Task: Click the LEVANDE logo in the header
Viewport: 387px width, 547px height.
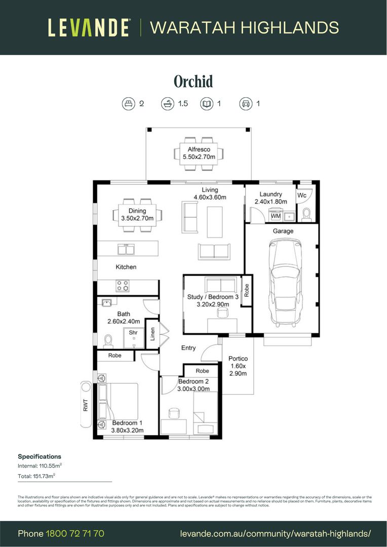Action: pos(89,27)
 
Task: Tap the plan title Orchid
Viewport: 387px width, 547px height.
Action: pos(193,81)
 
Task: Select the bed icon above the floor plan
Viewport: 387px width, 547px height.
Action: pos(128,104)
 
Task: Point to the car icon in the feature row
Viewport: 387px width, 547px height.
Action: pos(246,104)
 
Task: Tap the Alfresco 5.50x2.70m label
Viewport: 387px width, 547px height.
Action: pos(199,153)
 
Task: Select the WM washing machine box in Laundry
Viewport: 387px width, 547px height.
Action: pos(276,216)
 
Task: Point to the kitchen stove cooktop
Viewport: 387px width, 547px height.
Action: pos(123,286)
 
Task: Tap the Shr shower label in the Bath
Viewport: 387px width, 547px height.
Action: pos(133,333)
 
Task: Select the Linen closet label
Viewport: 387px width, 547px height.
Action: pos(152,334)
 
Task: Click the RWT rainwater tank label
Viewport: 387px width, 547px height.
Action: pos(85,405)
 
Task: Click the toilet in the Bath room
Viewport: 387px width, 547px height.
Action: pos(108,340)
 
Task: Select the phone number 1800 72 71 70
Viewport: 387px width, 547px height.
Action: pos(75,533)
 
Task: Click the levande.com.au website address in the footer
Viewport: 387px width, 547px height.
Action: pos(276,533)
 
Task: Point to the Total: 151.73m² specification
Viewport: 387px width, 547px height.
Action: pos(36,476)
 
